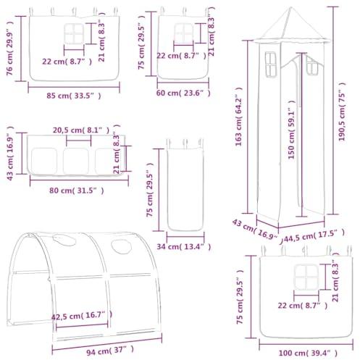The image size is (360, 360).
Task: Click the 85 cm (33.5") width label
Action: point(74,96)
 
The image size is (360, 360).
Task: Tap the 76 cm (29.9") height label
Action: point(9,49)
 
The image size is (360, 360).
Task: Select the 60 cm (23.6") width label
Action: point(183,93)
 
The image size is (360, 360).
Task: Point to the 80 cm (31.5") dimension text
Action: point(77,191)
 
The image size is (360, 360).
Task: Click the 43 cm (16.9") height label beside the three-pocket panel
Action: point(10,153)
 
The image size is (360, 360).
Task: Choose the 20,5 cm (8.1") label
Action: point(81,130)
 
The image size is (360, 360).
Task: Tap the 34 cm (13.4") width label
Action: point(184,246)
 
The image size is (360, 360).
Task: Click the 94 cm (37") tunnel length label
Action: point(110,351)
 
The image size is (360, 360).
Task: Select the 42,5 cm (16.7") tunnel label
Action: point(82,316)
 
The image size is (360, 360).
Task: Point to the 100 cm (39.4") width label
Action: point(308,353)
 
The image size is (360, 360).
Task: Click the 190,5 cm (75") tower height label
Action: point(342,112)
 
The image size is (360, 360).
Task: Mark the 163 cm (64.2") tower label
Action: point(238,117)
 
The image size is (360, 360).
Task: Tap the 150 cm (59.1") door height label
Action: point(291,130)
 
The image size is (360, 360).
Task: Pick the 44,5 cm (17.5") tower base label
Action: point(314,235)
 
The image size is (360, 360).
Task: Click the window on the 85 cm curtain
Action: point(74,34)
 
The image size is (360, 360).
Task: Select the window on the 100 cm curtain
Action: point(306,277)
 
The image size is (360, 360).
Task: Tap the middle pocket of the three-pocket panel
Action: point(76,161)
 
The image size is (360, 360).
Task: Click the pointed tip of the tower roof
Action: point(291,7)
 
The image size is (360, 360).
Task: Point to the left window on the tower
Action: point(270,64)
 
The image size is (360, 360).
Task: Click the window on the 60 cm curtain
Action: point(184,33)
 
